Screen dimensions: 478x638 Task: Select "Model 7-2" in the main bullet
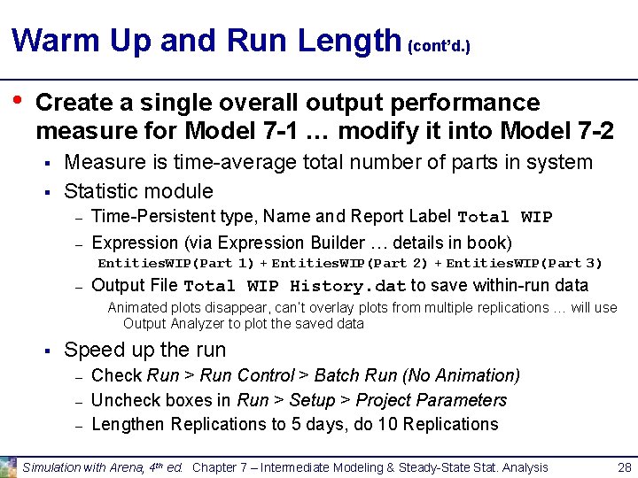pyautogui.click(x=556, y=131)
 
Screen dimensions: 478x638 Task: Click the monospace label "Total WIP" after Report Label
pyautogui.click(x=504, y=218)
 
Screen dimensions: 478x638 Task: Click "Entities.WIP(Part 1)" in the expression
pyautogui.click(x=176, y=263)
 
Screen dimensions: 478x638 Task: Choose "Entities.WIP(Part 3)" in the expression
pyautogui.click(x=524, y=263)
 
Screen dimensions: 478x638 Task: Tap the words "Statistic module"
pyautogui.click(x=139, y=191)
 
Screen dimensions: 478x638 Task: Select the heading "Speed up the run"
pyautogui.click(x=145, y=350)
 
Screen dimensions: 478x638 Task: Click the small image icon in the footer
pyautogui.click(x=8, y=466)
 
